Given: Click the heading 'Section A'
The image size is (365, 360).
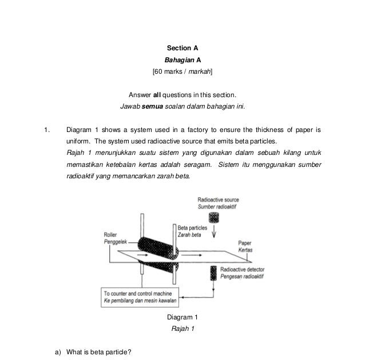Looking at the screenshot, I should [182, 48].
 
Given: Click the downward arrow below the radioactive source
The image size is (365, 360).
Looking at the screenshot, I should [215, 234].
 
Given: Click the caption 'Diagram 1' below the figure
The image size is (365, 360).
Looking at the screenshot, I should [182, 317].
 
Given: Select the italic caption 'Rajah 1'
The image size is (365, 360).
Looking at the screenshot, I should [183, 329].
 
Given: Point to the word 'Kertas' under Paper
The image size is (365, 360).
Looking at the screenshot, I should [245, 250].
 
